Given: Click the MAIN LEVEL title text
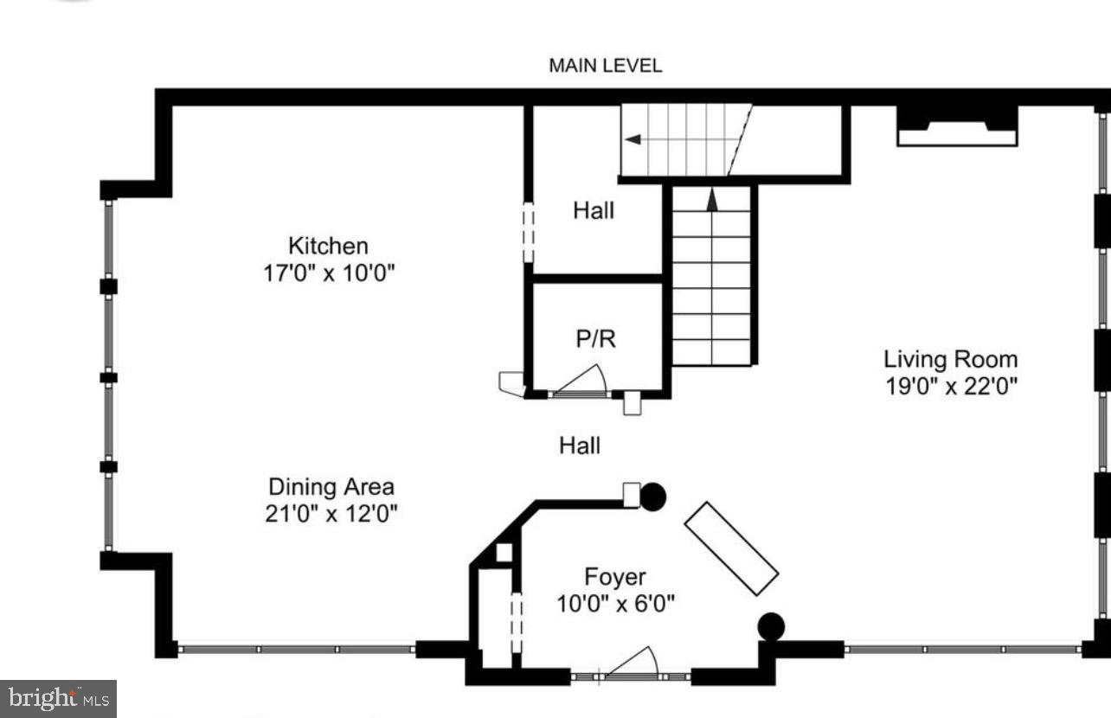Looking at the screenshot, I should (605, 66).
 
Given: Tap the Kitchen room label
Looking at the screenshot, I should (328, 247).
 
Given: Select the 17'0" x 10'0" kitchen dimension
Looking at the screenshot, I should (329, 273).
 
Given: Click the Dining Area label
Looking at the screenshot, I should (331, 486).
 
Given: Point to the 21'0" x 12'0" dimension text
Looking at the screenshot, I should (331, 513).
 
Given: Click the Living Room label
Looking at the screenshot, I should (950, 359).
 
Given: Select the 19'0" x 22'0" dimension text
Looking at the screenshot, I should (950, 386).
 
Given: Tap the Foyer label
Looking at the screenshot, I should (614, 576).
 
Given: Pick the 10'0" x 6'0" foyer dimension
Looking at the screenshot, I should (615, 603).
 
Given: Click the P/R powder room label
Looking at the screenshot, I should (596, 339).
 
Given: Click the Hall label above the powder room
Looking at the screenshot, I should (594, 210).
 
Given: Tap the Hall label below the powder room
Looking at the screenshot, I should (579, 446).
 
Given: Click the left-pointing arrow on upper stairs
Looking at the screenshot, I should (634, 139).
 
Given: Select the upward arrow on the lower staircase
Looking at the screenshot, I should (712, 201).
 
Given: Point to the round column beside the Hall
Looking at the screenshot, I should (653, 497).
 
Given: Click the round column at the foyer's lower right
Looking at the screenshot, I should (771, 626).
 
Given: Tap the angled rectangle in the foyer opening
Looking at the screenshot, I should (731, 548).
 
